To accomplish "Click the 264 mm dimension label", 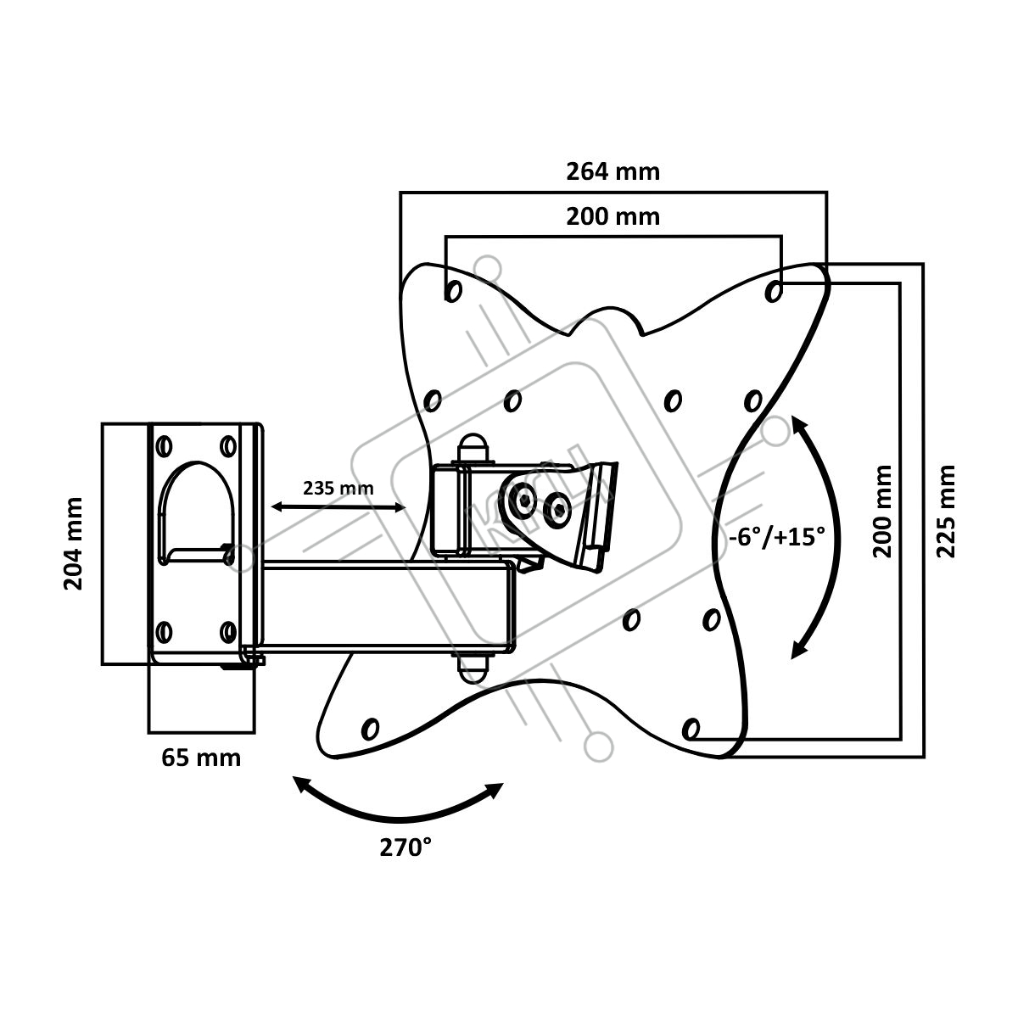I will point(612,171).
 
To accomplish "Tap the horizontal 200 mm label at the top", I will point(612,216).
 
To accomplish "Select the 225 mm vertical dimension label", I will point(947,511).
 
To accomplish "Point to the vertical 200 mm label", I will point(883,511).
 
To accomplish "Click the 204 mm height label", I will point(74,544).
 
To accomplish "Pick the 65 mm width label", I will point(201,757).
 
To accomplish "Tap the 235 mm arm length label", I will point(338,489).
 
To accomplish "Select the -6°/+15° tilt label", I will point(776,537).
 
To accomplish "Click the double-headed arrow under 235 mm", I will point(338,507).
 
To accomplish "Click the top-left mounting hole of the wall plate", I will point(165,445).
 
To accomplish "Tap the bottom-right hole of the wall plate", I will point(227,631).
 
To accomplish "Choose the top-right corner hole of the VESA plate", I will point(773,291).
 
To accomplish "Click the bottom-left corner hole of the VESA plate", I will point(370,728).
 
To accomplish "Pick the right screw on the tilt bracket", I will point(557,508).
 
